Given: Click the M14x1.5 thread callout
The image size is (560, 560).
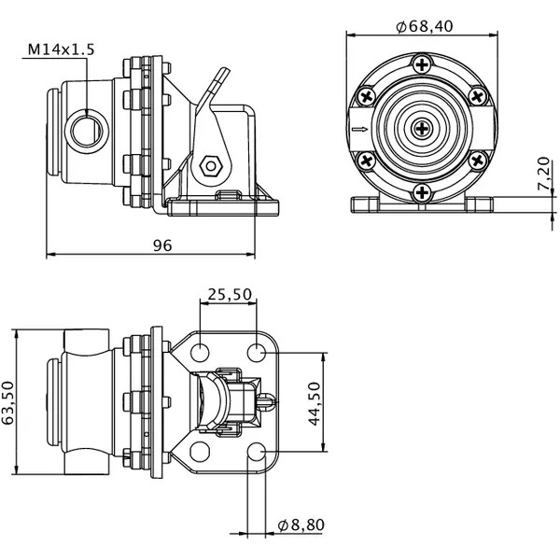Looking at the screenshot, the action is tap(61, 49).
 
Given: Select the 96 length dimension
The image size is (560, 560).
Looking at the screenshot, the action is tap(162, 245).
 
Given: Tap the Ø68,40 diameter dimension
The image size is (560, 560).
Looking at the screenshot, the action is tap(425, 26).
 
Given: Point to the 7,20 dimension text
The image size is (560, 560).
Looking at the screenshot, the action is tap(543, 174).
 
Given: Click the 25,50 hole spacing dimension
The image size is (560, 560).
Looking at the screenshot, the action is tap(230, 294).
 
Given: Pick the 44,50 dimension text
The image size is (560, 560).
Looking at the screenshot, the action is tap(315, 403).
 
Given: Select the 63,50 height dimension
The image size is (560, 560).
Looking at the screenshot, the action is tap(7, 403).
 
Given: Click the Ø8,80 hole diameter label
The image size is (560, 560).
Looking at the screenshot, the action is tap(301, 525).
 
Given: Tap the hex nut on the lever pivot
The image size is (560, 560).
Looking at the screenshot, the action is tap(211, 166).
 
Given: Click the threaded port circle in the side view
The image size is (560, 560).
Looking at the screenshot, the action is tap(87, 131).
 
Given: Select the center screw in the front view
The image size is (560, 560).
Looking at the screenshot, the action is tap(422, 129).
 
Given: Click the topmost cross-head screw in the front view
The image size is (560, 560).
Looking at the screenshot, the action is tap(422, 65).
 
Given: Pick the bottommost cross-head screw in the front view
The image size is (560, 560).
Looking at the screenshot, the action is tap(422, 192).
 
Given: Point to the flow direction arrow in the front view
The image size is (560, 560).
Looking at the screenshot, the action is tap(359, 129).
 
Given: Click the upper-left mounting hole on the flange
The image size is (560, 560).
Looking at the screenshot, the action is tap(200, 352).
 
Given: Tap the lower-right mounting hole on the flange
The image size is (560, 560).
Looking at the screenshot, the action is tap(257, 452).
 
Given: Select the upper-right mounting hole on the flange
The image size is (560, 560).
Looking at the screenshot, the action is tap(257, 352).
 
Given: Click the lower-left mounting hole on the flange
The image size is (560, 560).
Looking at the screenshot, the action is tap(200, 452).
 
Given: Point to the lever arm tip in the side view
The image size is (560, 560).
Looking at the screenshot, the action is tap(226, 69).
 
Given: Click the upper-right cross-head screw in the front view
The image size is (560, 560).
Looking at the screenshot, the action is tap(478, 96).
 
